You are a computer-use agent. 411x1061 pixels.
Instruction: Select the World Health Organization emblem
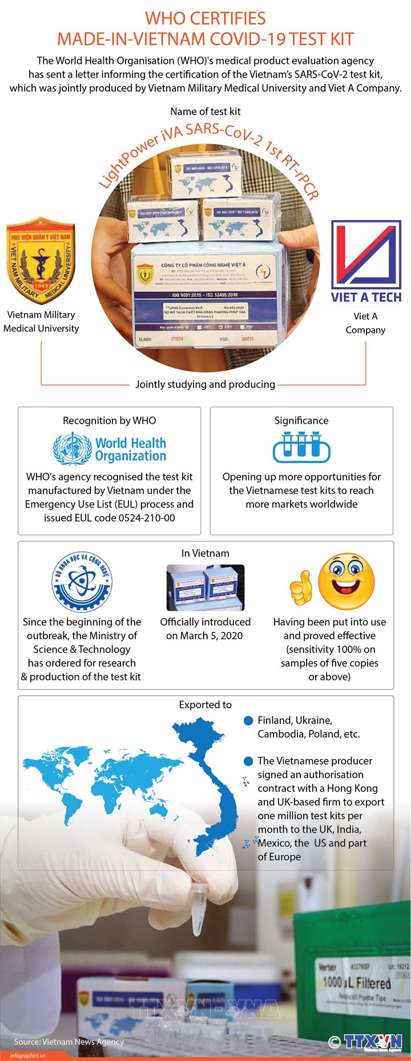point(72,449)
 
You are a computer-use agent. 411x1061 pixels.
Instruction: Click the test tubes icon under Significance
point(301,447)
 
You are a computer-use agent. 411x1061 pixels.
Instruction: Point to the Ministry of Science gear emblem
point(82,582)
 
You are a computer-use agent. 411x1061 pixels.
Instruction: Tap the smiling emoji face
point(346,582)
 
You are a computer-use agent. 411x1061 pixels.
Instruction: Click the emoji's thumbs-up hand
point(301,588)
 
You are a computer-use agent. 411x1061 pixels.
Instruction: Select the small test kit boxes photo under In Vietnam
point(205,588)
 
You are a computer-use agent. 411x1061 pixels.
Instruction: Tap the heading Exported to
point(205,705)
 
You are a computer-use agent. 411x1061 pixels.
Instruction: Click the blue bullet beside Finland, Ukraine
point(248,721)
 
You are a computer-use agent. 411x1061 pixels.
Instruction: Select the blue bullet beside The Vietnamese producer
point(248,761)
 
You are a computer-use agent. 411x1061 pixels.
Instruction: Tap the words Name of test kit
point(205,111)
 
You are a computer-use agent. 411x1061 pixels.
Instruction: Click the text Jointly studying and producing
point(205,384)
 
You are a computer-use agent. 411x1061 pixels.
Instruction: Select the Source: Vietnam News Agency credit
point(69,1042)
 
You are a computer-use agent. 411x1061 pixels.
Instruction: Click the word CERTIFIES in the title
point(225,19)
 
